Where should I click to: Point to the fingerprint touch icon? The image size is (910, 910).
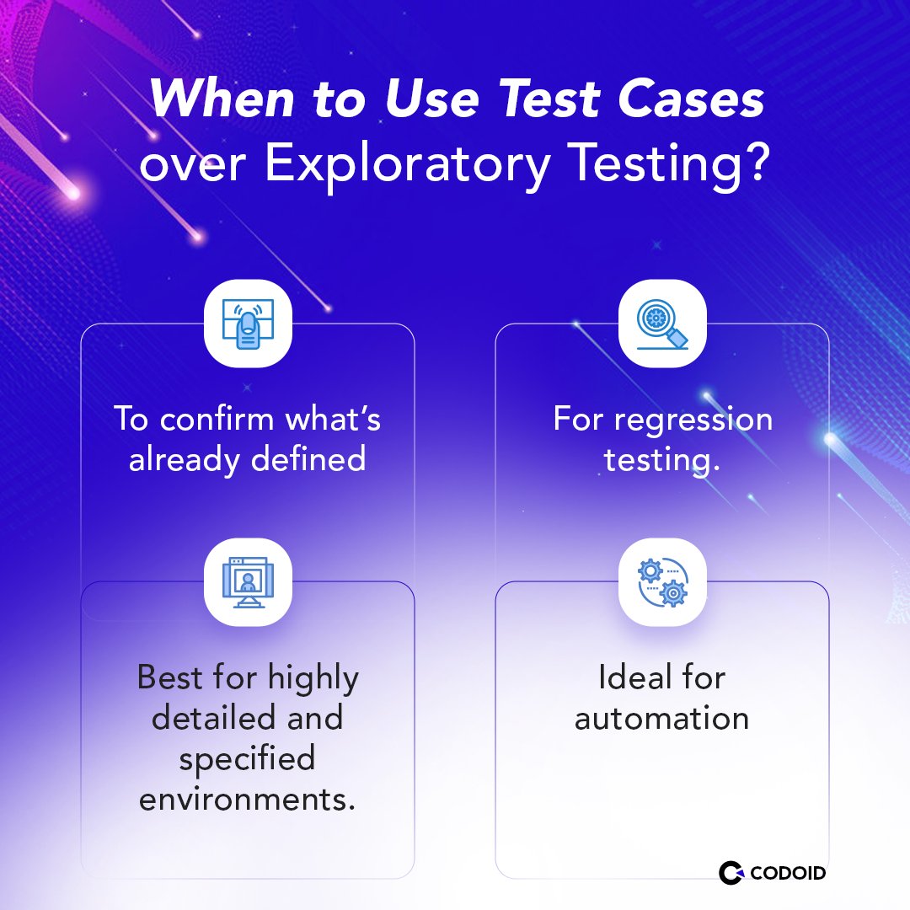248,323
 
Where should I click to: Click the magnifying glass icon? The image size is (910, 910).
662,324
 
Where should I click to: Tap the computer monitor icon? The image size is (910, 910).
248,582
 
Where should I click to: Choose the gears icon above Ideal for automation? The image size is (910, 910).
662,582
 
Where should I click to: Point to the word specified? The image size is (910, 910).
247,758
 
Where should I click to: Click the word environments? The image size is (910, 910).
247,799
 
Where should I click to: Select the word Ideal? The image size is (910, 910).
630,677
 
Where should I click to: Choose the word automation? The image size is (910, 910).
662,718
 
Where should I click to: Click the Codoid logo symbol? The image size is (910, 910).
731,872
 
